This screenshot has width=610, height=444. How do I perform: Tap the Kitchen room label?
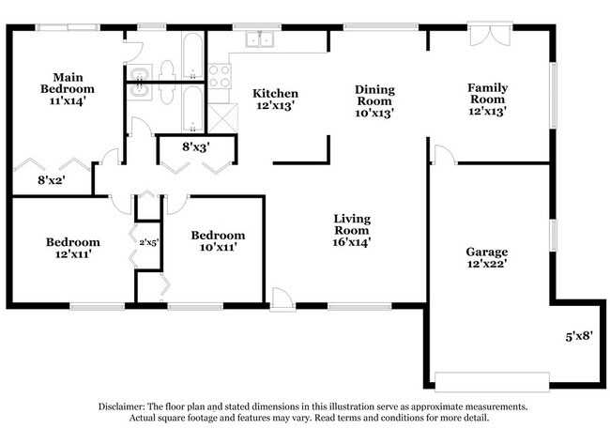tap(276, 100)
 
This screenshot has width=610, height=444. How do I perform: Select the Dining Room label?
tap(374, 100)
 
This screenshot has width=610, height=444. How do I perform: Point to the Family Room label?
tap(488, 99)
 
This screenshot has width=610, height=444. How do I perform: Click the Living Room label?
tap(352, 230)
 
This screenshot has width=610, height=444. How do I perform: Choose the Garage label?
tap(487, 258)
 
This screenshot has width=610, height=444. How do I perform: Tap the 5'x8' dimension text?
tap(579, 335)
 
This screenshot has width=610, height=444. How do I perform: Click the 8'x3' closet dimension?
tap(196, 146)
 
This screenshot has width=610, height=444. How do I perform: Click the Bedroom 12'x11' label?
tap(72, 248)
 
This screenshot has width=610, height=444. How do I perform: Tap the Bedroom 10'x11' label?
tap(218, 241)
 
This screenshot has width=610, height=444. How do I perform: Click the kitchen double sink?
tap(258, 38)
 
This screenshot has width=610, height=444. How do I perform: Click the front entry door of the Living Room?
tap(282, 298)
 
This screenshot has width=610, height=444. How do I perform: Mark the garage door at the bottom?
tap(493, 381)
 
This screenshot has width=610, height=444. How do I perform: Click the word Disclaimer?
tap(125, 406)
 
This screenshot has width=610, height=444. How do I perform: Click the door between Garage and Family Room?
tap(444, 155)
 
